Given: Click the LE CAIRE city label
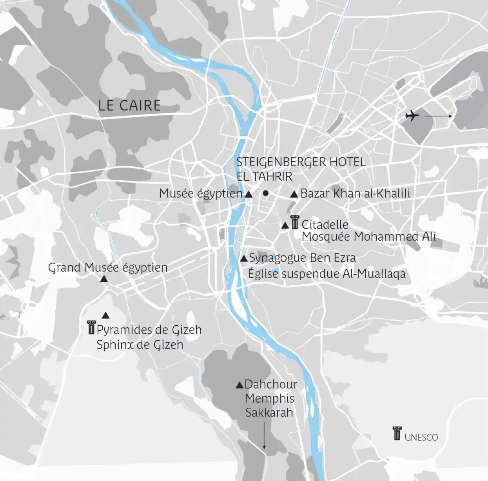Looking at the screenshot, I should pyautogui.click(x=129, y=105).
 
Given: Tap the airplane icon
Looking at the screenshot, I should pyautogui.click(x=412, y=116).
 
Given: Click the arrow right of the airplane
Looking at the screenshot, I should pyautogui.click(x=438, y=116).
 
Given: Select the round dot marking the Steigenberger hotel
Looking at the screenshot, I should pyautogui.click(x=266, y=193).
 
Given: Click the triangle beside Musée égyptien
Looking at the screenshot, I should pyautogui.click(x=248, y=194).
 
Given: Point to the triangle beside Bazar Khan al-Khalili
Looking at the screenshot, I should pyautogui.click(x=294, y=194).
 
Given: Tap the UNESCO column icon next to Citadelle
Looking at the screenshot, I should pyautogui.click(x=295, y=222).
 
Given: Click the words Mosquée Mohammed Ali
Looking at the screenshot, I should pyautogui.click(x=369, y=237).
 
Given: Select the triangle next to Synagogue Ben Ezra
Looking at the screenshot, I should pyautogui.click(x=243, y=258).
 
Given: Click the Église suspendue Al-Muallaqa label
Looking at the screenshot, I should pyautogui.click(x=327, y=274).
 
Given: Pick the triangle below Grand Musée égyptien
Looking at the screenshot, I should pyautogui.click(x=104, y=279).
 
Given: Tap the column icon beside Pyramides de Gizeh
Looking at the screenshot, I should pyautogui.click(x=91, y=328).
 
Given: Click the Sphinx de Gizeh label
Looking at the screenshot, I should pyautogui.click(x=140, y=345).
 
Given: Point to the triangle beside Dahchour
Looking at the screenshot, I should pyautogui.click(x=239, y=385).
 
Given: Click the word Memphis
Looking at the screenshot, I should pyautogui.click(x=270, y=399).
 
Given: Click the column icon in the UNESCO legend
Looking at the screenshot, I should pyautogui.click(x=397, y=433).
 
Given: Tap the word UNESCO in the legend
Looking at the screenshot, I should pyautogui.click(x=421, y=437).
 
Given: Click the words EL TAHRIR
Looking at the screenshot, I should pyautogui.click(x=264, y=176).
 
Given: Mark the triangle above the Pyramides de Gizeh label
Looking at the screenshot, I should pyautogui.click(x=105, y=315).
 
